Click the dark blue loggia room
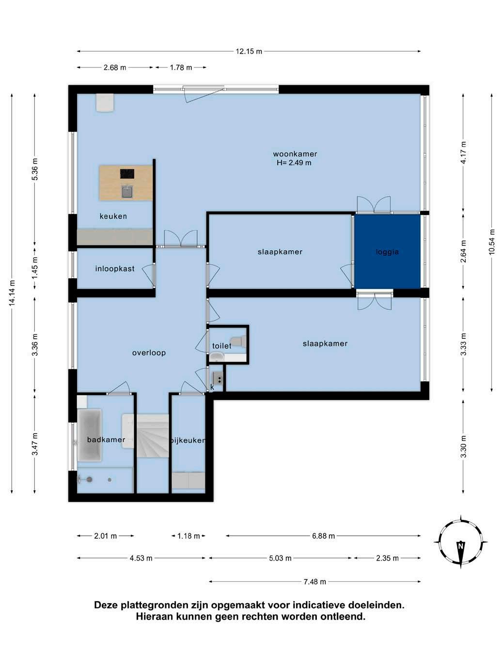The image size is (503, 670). pyautogui.click(x=387, y=251)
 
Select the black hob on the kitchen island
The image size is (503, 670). pyautogui.click(x=127, y=174)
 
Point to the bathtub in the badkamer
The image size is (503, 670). pyautogui.click(x=89, y=435)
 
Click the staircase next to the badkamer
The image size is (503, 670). pyautogui.click(x=152, y=435)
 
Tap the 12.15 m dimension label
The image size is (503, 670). pyautogui.click(x=249, y=51)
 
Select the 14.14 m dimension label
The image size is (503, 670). pyautogui.click(x=12, y=293)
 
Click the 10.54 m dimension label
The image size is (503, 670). pyautogui.click(x=491, y=242)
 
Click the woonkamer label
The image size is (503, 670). pyautogui.click(x=295, y=154)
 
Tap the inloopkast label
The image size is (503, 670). pyautogui.click(x=115, y=269)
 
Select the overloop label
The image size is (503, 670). pyautogui.click(x=149, y=352)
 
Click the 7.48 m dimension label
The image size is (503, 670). pyautogui.click(x=314, y=581)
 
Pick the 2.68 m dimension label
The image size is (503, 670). pyautogui.click(x=115, y=67)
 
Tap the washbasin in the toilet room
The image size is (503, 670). pyautogui.click(x=217, y=356)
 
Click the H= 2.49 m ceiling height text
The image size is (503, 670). pyautogui.click(x=294, y=163)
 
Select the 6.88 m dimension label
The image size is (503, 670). pyautogui.click(x=323, y=536)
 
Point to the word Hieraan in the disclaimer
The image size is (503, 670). pyautogui.click(x=153, y=617)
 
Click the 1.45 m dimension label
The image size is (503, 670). pyautogui.click(x=35, y=267)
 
